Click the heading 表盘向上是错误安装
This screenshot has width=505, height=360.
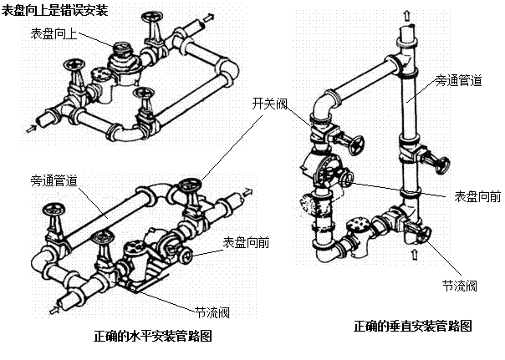(54, 10)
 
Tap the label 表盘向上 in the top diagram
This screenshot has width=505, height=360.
(54, 33)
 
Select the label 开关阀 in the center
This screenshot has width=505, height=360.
(269, 104)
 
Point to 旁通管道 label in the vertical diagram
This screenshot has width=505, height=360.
(458, 80)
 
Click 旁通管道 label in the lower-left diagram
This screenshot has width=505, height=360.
(54, 180)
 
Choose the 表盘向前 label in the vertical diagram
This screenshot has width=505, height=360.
(477, 196)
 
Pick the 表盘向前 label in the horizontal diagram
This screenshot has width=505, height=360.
(246, 242)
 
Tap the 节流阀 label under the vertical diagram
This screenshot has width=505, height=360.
(460, 286)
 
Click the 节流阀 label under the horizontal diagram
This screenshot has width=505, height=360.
(212, 312)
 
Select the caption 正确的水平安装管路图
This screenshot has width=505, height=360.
(153, 336)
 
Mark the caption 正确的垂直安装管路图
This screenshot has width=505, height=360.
(412, 327)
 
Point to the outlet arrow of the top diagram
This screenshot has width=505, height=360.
(209, 17)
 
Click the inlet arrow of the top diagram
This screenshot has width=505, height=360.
(32, 129)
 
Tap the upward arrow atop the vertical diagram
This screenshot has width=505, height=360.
(407, 15)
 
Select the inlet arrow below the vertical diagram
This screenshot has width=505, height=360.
(415, 254)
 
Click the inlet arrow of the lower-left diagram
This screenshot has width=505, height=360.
(54, 310)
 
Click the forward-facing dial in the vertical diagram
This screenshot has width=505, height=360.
(348, 180)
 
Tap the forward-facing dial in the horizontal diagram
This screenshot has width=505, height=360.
(187, 256)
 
